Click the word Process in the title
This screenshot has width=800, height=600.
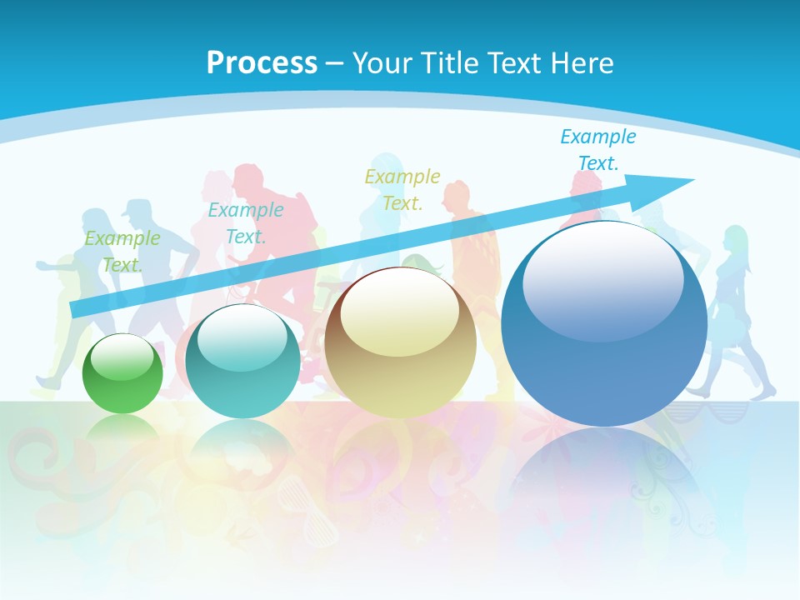[x=262, y=63]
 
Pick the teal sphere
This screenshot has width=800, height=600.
[x=242, y=362]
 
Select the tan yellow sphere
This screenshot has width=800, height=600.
[x=400, y=343]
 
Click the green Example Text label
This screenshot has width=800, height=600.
[x=122, y=252]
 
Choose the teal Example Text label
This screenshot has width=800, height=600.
[x=246, y=223]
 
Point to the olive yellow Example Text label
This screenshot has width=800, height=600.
[x=402, y=189]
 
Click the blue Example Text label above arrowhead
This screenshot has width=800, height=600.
[x=597, y=150]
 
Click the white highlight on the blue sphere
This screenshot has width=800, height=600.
[x=602, y=278]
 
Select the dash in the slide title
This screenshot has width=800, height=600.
[x=334, y=63]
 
